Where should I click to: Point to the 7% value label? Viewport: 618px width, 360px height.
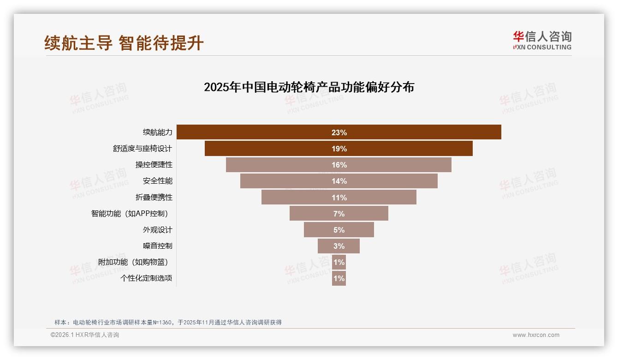tap(339, 214)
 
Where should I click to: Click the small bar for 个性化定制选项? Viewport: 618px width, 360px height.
tap(339, 278)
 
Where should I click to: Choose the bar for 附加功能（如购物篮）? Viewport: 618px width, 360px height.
tap(339, 262)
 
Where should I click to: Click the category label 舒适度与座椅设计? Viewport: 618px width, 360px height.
tap(143, 149)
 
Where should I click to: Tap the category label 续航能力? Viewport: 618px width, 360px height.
tap(157, 132)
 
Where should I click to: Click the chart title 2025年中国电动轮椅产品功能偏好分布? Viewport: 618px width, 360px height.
tap(309, 87)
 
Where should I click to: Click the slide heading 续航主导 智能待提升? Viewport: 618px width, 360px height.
tap(124, 43)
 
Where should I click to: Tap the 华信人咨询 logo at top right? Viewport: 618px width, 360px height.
tap(542, 40)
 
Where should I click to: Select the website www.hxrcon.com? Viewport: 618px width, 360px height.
tap(536, 335)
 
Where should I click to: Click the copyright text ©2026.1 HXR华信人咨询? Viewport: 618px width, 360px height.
tap(85, 335)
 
